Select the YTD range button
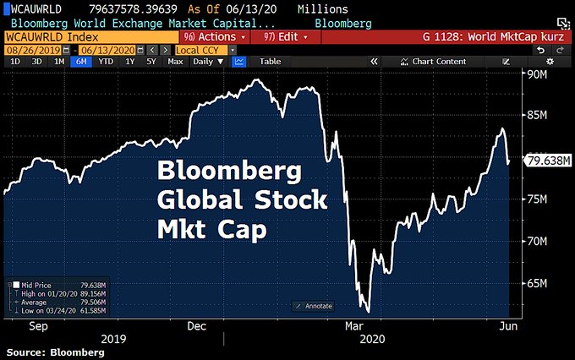click(x=106, y=62)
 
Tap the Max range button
click(x=175, y=62)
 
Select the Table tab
click(x=270, y=62)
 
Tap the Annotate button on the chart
click(x=314, y=306)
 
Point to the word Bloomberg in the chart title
click(x=229, y=172)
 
